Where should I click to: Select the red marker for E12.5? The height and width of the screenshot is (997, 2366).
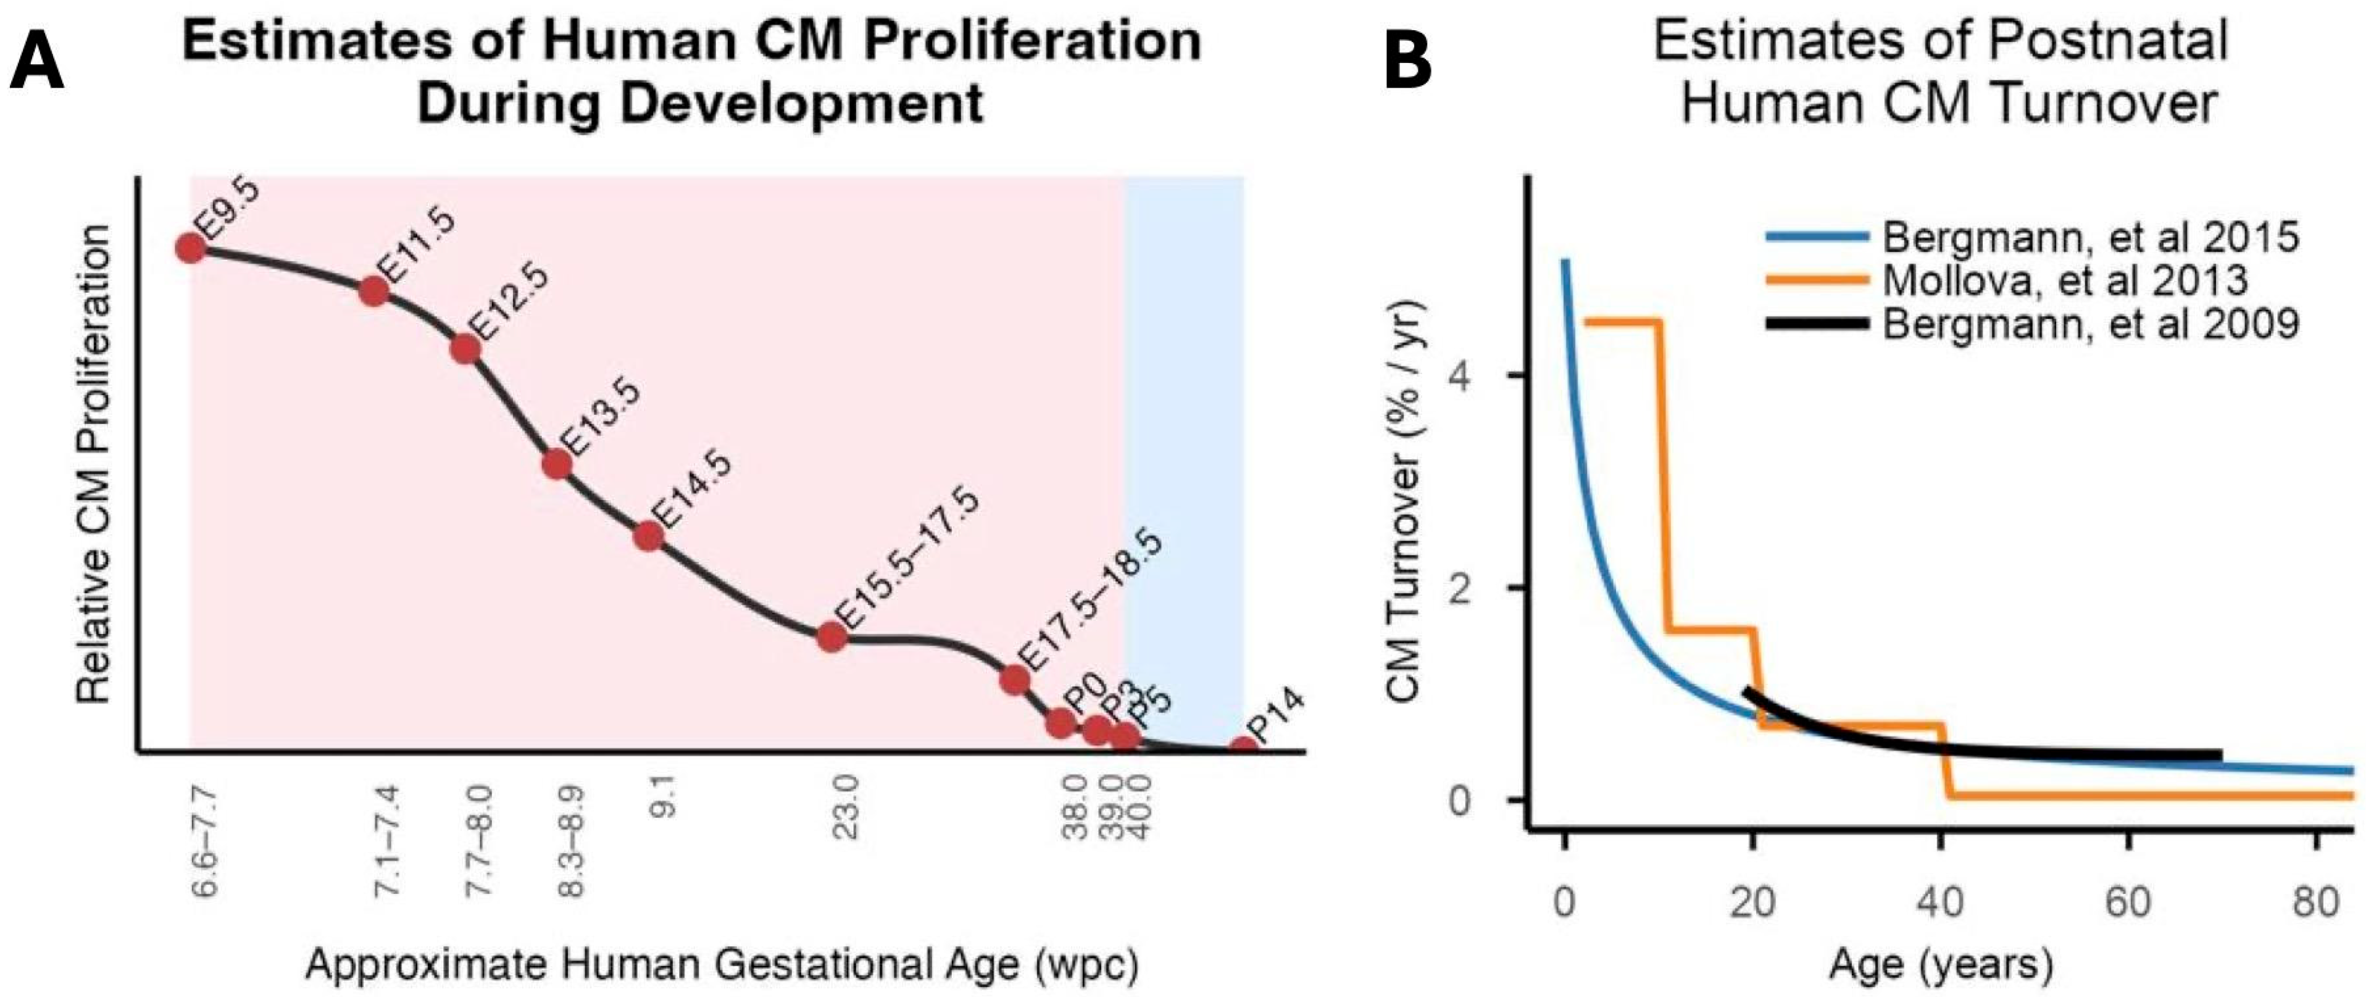click(x=465, y=349)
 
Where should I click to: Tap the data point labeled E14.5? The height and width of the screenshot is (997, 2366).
click(x=649, y=536)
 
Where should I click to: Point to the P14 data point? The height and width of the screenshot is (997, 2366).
click(x=1244, y=749)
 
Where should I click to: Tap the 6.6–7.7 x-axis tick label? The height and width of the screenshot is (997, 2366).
click(x=206, y=841)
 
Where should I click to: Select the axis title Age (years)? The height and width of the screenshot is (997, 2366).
click(x=1941, y=965)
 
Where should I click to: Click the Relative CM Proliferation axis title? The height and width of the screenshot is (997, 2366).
click(x=94, y=464)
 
